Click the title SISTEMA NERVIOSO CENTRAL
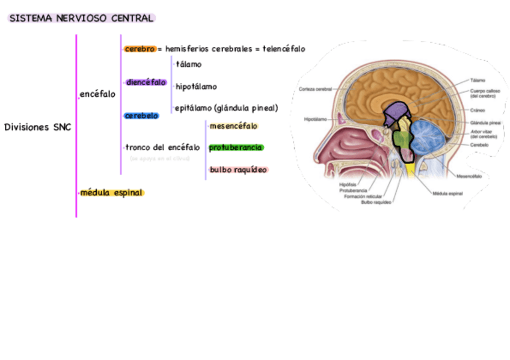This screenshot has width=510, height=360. (81, 19)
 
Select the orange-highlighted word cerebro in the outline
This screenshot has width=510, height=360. (140, 49)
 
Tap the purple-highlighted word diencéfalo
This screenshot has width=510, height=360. (146, 82)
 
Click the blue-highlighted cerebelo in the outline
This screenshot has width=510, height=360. (141, 115)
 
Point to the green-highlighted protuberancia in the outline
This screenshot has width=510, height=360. (236, 147)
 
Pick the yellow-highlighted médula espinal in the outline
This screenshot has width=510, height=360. (112, 193)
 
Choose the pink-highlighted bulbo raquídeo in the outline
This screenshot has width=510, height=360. (238, 170)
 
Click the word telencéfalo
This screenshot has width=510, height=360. (284, 49)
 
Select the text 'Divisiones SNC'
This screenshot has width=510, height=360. (37, 127)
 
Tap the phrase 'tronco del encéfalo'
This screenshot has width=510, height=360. (162, 147)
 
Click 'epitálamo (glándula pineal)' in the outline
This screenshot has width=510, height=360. (227, 108)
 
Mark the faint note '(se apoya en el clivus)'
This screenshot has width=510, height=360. (159, 159)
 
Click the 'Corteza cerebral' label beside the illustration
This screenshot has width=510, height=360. (315, 89)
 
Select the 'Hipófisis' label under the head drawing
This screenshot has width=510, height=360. (347, 185)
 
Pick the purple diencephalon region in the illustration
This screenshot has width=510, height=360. (395, 113)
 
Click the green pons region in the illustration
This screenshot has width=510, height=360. (401, 139)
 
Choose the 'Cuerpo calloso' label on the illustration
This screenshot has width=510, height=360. (481, 93)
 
